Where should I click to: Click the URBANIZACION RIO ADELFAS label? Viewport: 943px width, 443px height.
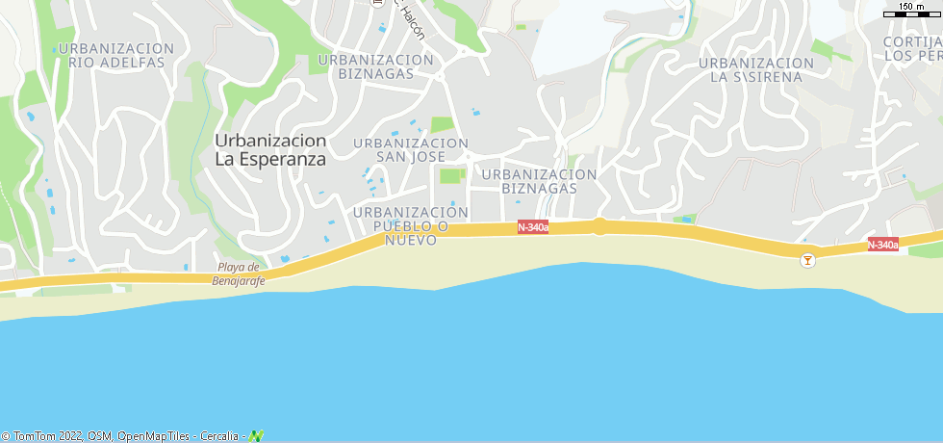tap(116, 55)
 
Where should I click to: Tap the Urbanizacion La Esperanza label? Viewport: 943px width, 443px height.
tap(270, 149)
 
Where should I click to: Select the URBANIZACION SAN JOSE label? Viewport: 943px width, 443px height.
tap(411, 150)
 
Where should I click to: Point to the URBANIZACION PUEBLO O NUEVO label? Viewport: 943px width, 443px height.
tap(411, 225)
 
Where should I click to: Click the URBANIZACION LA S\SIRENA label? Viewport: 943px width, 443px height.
tap(756, 69)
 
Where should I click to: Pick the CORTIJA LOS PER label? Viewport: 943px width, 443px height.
tap(912, 48)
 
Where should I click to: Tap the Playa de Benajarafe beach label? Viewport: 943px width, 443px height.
tap(238, 274)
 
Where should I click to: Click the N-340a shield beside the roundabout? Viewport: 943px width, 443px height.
tap(532, 227)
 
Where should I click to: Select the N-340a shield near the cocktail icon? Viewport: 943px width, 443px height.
tap(882, 245)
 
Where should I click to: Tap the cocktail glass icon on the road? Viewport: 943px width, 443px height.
tap(807, 259)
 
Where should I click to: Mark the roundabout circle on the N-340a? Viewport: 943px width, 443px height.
tap(599, 226)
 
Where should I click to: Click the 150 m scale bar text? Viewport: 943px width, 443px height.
tap(912, 8)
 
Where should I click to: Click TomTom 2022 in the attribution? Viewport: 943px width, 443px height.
tap(42, 436)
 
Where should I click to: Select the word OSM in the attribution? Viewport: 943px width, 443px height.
tap(100, 436)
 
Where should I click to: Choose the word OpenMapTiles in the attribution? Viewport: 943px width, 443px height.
tap(154, 436)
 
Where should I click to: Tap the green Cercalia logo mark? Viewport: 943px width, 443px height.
tap(256, 436)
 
